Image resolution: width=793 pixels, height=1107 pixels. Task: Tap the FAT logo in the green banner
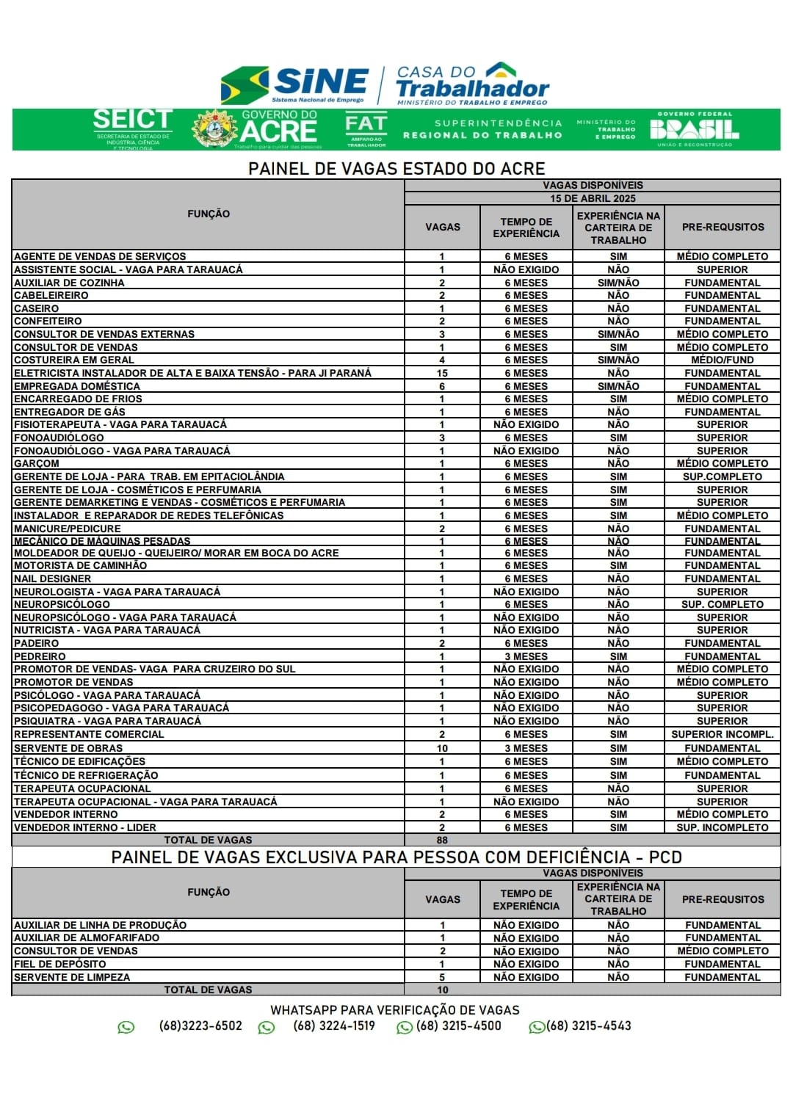click(365, 129)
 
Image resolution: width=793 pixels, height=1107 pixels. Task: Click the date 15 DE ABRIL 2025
click(593, 199)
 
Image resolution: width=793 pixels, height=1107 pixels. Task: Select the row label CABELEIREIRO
click(51, 296)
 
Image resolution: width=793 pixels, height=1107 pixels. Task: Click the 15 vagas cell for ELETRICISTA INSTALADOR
click(442, 374)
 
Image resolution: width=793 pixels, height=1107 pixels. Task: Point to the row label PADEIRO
click(37, 644)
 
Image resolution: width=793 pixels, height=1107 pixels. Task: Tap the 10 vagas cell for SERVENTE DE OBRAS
click(442, 749)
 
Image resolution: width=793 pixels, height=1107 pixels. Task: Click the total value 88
click(442, 841)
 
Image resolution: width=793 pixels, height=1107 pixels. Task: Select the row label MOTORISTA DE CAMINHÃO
click(81, 566)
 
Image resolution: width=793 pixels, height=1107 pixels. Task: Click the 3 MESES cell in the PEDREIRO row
click(526, 657)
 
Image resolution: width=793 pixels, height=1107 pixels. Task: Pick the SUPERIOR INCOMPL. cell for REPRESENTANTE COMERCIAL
click(723, 735)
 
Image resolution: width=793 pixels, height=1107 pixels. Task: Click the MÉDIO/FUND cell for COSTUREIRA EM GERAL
click(723, 360)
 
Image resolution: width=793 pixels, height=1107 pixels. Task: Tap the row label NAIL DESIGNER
click(53, 579)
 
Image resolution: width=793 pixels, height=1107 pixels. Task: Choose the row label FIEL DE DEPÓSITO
click(60, 965)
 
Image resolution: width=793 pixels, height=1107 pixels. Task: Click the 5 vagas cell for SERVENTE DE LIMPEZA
click(442, 978)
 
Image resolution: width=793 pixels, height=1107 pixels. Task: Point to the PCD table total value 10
click(442, 990)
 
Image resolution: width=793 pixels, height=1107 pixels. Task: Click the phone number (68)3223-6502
click(200, 1026)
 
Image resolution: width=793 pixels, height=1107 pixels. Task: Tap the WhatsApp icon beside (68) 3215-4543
click(537, 1028)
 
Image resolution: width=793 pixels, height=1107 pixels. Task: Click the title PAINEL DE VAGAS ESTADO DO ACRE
click(396, 169)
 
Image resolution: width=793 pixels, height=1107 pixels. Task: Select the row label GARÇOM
click(37, 464)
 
